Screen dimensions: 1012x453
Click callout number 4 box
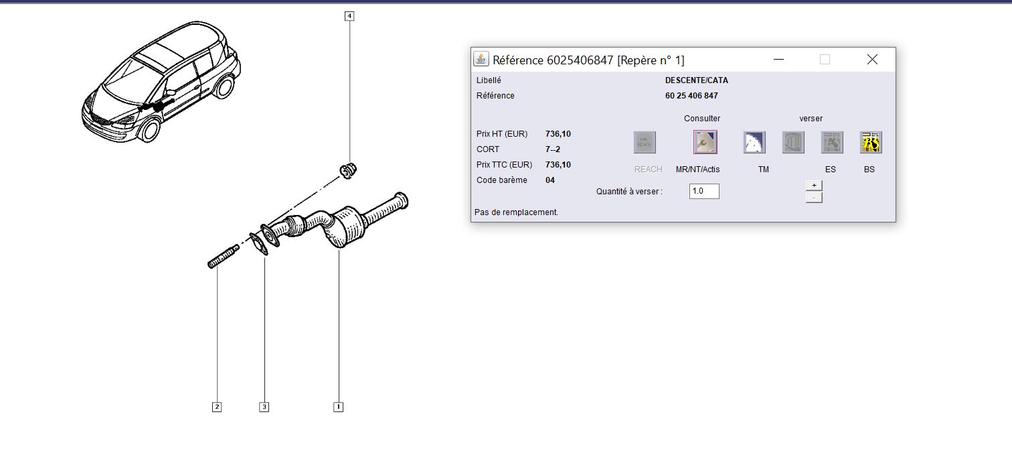coord(349,16)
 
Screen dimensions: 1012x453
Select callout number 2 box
coord(217,407)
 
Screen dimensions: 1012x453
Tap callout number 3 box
coord(264,407)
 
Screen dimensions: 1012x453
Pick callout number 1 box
coord(339,407)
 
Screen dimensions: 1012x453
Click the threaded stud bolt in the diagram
coord(223,257)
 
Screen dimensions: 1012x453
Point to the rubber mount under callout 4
coord(348,170)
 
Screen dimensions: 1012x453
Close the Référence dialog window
coord(872,60)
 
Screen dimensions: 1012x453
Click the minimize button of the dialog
coord(778,60)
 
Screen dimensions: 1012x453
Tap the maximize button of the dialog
coord(825,60)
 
